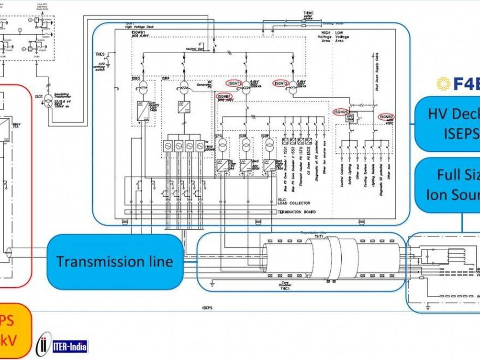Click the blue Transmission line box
coord(115,261)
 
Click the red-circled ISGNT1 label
coord(234,83)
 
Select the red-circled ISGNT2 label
coord(281,83)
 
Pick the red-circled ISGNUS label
coord(341,112)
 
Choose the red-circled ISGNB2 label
coord(386,117)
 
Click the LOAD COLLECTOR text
coord(294,203)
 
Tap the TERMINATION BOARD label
coord(296,212)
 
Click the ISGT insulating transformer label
coord(39,97)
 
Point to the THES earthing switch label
coord(100,54)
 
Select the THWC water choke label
coord(308,13)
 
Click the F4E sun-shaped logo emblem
coord(443,84)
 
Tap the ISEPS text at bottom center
coord(207,308)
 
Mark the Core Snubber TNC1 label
coord(285,285)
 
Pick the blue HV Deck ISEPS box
coord(448,124)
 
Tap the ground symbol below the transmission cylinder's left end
coord(212,283)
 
